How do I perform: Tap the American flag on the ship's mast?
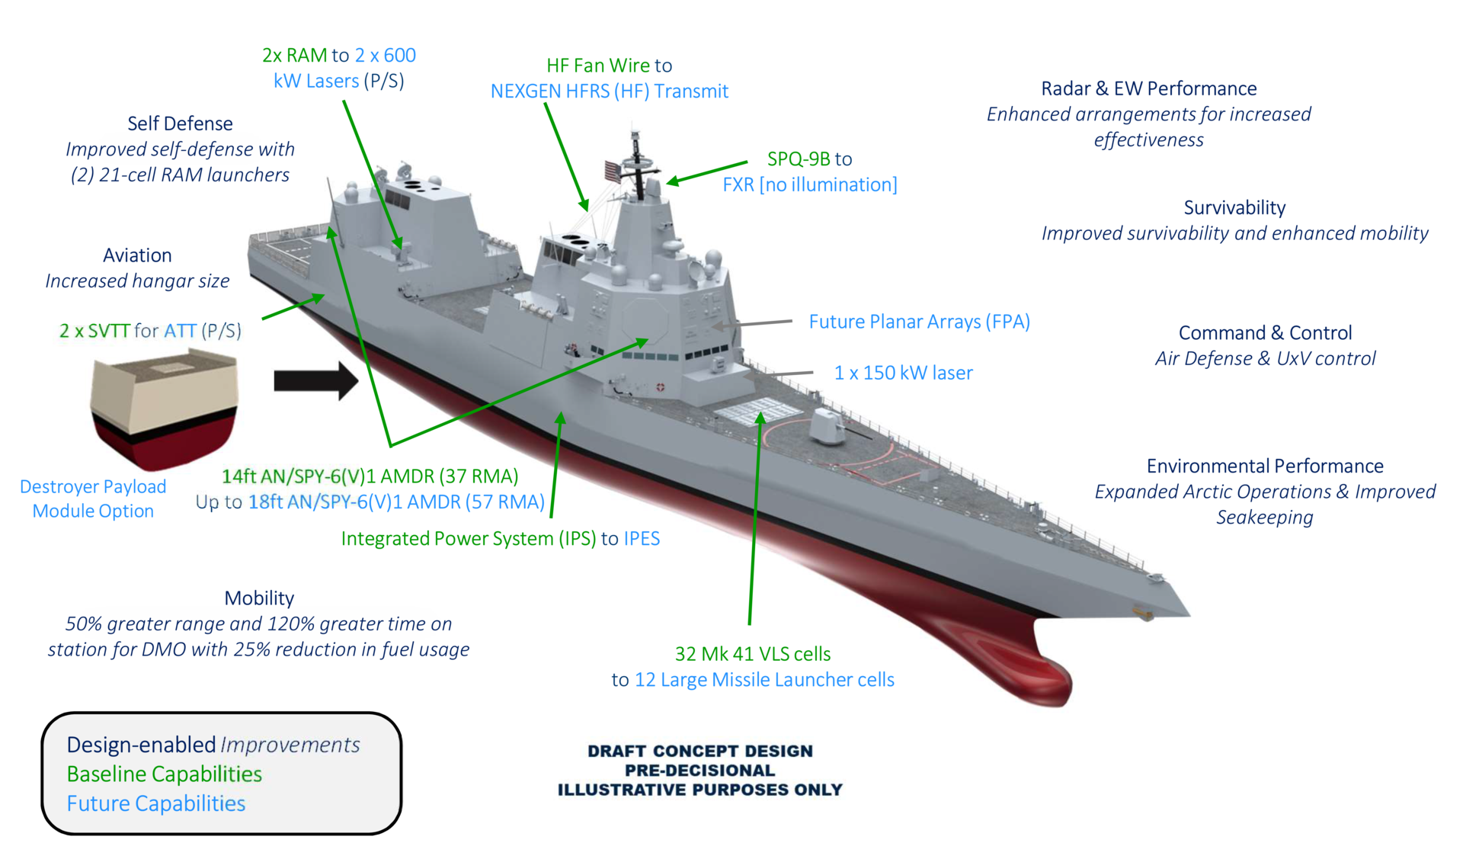tap(613, 171)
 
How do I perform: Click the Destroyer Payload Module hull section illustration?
tap(164, 407)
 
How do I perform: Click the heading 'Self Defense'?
tap(180, 123)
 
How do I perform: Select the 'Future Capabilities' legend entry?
tap(156, 803)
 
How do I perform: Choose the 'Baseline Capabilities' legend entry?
tap(164, 774)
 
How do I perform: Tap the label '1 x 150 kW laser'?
tap(903, 373)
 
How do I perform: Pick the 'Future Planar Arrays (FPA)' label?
tap(919, 322)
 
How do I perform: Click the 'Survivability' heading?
tap(1234, 207)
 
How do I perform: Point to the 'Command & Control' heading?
tap(1265, 333)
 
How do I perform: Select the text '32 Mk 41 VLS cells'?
tap(753, 654)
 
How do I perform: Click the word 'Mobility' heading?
tap(259, 598)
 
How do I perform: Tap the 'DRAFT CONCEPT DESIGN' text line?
tap(699, 751)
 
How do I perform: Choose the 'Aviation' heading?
tap(137, 255)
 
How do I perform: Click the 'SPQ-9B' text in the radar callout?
tap(799, 159)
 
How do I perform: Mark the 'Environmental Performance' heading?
tap(1265, 466)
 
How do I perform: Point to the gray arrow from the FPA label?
tap(754, 323)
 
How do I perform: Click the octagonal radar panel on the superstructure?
tap(645, 320)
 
